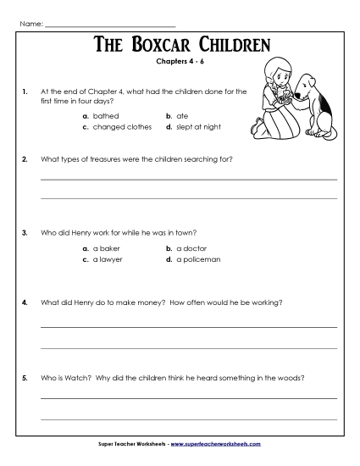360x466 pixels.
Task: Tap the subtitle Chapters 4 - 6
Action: (180, 61)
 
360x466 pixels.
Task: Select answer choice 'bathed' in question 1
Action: (106, 114)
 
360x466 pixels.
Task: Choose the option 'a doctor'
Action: (191, 247)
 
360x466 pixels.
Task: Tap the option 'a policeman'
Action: (198, 259)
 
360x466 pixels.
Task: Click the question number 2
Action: (25, 159)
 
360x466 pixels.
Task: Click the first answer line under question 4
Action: (188, 325)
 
